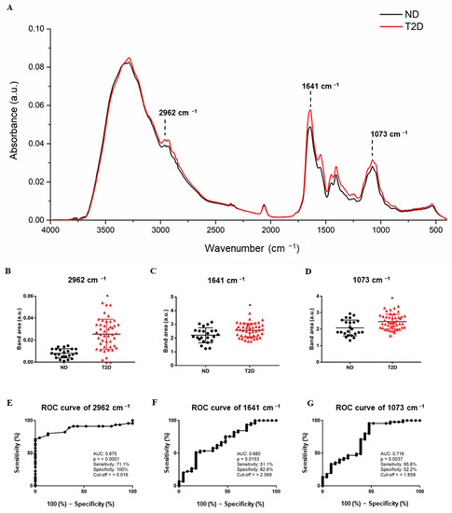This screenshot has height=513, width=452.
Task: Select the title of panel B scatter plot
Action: click(79, 280)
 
